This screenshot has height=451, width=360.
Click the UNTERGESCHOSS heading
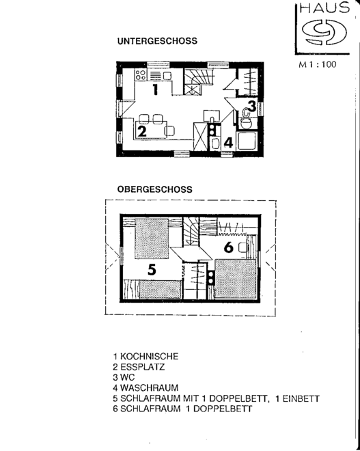point(157,41)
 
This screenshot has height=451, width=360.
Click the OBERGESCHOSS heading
point(154,189)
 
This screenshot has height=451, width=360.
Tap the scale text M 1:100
point(317,64)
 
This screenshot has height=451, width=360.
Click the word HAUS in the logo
point(324,8)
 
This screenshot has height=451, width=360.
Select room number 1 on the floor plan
point(155,90)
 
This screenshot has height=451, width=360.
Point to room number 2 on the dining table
point(142,131)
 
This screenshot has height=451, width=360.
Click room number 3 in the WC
point(252,106)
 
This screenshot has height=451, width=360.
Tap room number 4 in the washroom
point(228,143)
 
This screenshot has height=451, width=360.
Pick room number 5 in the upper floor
point(152,270)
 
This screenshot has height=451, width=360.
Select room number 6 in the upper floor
point(229,247)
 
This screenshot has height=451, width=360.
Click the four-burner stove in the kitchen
point(140,75)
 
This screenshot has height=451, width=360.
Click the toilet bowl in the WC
point(246,124)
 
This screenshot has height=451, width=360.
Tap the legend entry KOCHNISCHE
point(149,357)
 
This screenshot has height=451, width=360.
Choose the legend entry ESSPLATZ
point(142,367)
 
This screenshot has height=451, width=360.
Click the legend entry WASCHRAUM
point(149,387)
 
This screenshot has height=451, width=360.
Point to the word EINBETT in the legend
point(301,398)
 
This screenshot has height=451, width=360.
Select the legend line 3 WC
point(124,377)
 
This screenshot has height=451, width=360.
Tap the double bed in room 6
point(236,279)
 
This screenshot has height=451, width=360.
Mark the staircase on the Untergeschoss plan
point(199,81)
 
